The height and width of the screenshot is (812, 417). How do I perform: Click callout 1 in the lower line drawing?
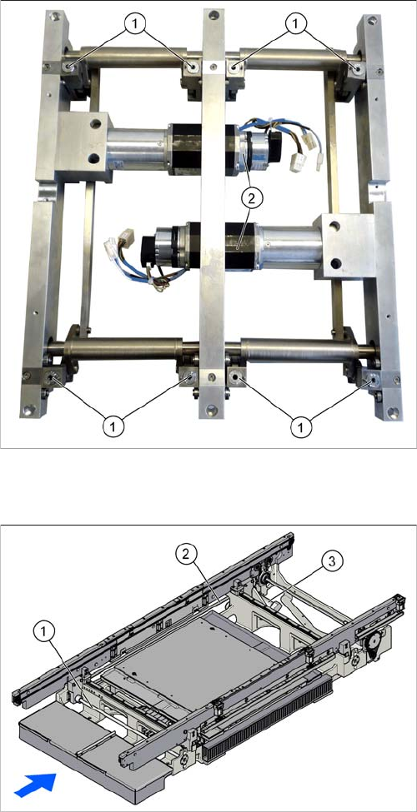coord(44,632)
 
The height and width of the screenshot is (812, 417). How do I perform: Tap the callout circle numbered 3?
coord(331,561)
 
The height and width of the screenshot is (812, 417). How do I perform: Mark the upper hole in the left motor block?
coord(95,124)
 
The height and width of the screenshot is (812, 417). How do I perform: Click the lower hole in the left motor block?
coord(93,157)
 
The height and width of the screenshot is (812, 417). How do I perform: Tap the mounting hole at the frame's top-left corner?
coord(53,16)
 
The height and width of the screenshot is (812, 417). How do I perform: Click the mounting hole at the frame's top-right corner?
coord(373,22)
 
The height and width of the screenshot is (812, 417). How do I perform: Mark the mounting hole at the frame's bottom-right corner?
coord(394,413)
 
